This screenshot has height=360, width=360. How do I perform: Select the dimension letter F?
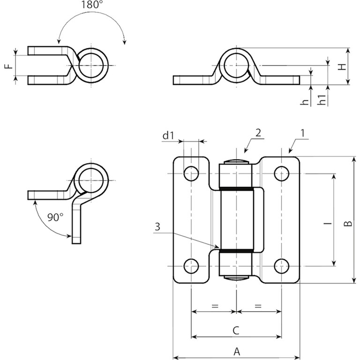pos(7,66)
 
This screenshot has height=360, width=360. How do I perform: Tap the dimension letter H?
pos(344,66)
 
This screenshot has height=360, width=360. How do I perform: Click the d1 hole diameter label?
pos(168,136)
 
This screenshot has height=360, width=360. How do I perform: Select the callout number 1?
pos(302,133)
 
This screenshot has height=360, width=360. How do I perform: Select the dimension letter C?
pos(236,330)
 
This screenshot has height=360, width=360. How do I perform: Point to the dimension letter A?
pos(236,351)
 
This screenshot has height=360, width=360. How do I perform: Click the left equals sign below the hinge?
pos(215,306)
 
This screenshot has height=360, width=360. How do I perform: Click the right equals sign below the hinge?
pos(258,306)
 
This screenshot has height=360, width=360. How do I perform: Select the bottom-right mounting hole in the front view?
pos(281,266)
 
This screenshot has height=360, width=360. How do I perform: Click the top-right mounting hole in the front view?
pos(281,174)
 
